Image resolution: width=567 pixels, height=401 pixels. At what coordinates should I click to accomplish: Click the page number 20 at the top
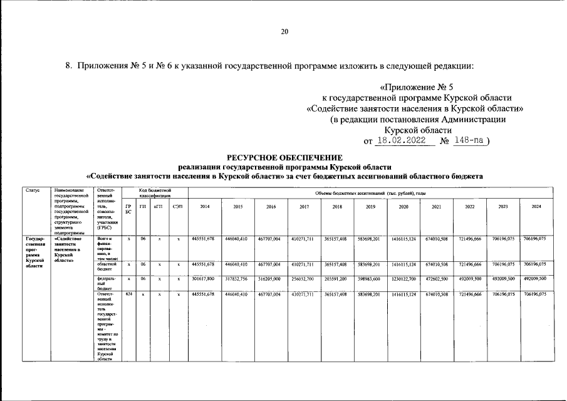coord(284,32)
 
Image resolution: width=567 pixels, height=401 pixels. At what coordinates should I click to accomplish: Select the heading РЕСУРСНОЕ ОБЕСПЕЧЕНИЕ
coord(284,157)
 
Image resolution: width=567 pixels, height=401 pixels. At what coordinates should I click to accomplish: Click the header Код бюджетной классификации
coord(154,192)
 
